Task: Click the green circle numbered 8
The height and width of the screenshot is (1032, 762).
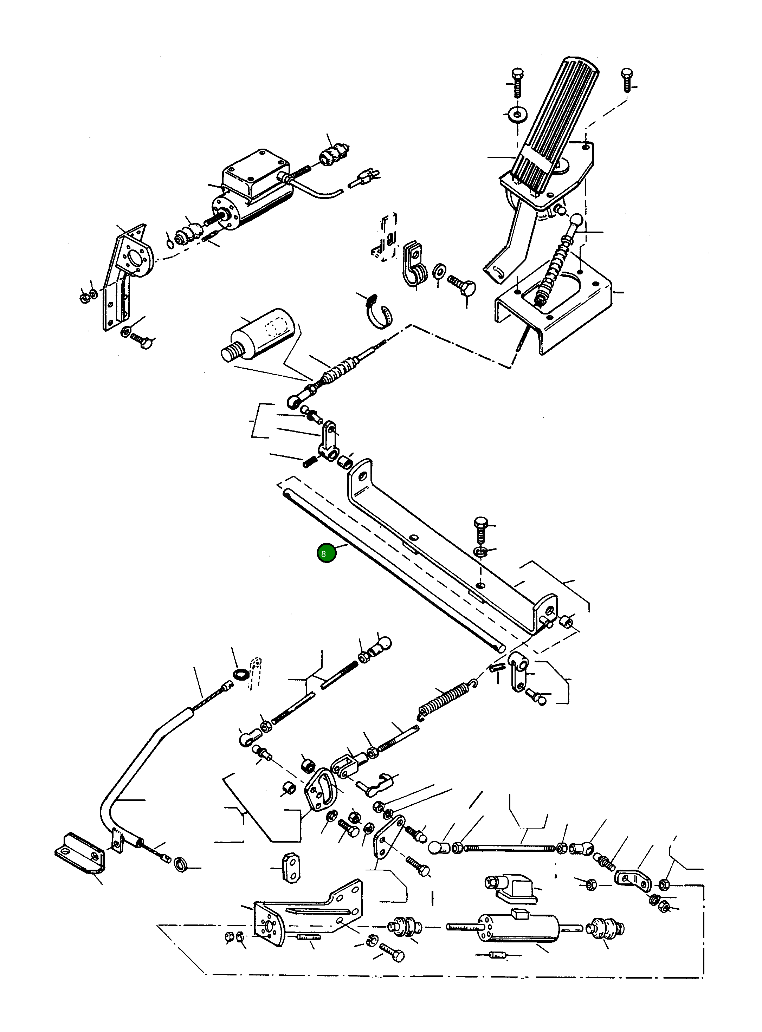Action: coord(326,553)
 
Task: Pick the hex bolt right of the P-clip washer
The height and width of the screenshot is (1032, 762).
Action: coord(464,286)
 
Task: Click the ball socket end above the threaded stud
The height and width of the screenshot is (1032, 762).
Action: coord(382,643)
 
